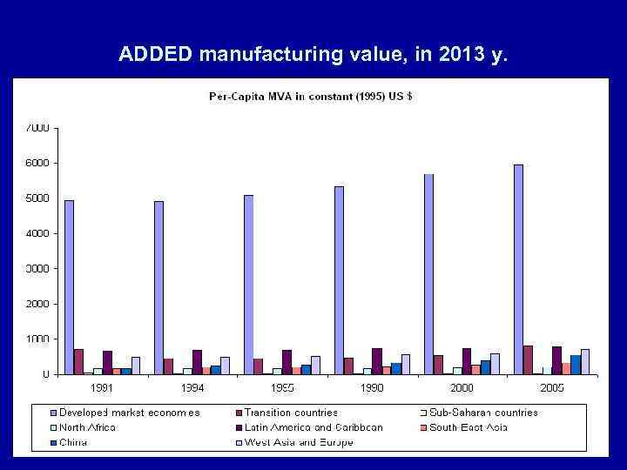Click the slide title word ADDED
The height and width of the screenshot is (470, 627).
coord(156,56)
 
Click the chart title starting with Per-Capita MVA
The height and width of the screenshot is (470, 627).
coord(310,96)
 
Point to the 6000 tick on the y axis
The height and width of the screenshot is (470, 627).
coord(37,163)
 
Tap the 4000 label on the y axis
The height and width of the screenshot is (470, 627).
coord(37,233)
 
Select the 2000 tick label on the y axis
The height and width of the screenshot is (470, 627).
coord(37,304)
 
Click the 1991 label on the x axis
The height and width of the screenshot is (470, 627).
coord(102,387)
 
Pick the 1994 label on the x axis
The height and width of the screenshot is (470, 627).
coord(192,387)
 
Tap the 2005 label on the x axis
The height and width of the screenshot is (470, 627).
coord(552,387)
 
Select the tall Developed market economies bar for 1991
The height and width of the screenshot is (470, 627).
coord(69,287)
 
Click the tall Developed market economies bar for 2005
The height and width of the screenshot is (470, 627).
coord(518,270)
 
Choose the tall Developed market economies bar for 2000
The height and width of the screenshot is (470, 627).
coord(428,274)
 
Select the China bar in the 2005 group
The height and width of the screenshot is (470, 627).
coord(576,365)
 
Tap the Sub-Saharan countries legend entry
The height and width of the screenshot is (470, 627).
coord(483,413)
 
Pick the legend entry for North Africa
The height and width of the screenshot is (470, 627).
coord(87,427)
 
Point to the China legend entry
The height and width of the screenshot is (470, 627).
coord(74,442)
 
